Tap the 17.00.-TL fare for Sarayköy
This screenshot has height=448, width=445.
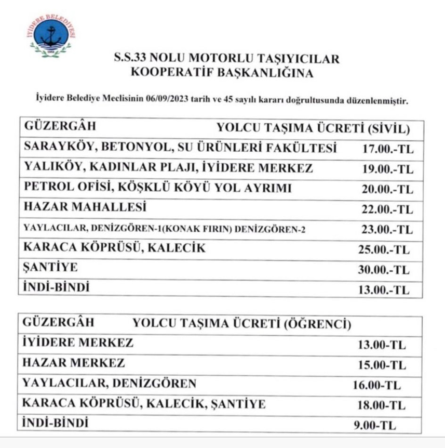coord(387,149)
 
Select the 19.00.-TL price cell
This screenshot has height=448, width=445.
coord(387,169)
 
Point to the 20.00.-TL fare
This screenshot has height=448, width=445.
coord(387,189)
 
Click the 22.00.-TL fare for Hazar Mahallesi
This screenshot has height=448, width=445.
coord(387,209)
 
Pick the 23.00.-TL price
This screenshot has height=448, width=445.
coord(387,229)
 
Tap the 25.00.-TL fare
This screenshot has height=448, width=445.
coord(384,250)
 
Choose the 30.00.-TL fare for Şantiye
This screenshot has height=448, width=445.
coord(384,270)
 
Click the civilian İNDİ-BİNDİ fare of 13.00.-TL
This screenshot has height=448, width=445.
coord(384,290)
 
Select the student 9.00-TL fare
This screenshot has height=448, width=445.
coord(374,425)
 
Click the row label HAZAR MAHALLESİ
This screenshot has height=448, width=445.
coord(85,207)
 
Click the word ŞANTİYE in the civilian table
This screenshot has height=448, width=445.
coord(51,268)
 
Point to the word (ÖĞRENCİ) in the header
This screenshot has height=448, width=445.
coord(317,325)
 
